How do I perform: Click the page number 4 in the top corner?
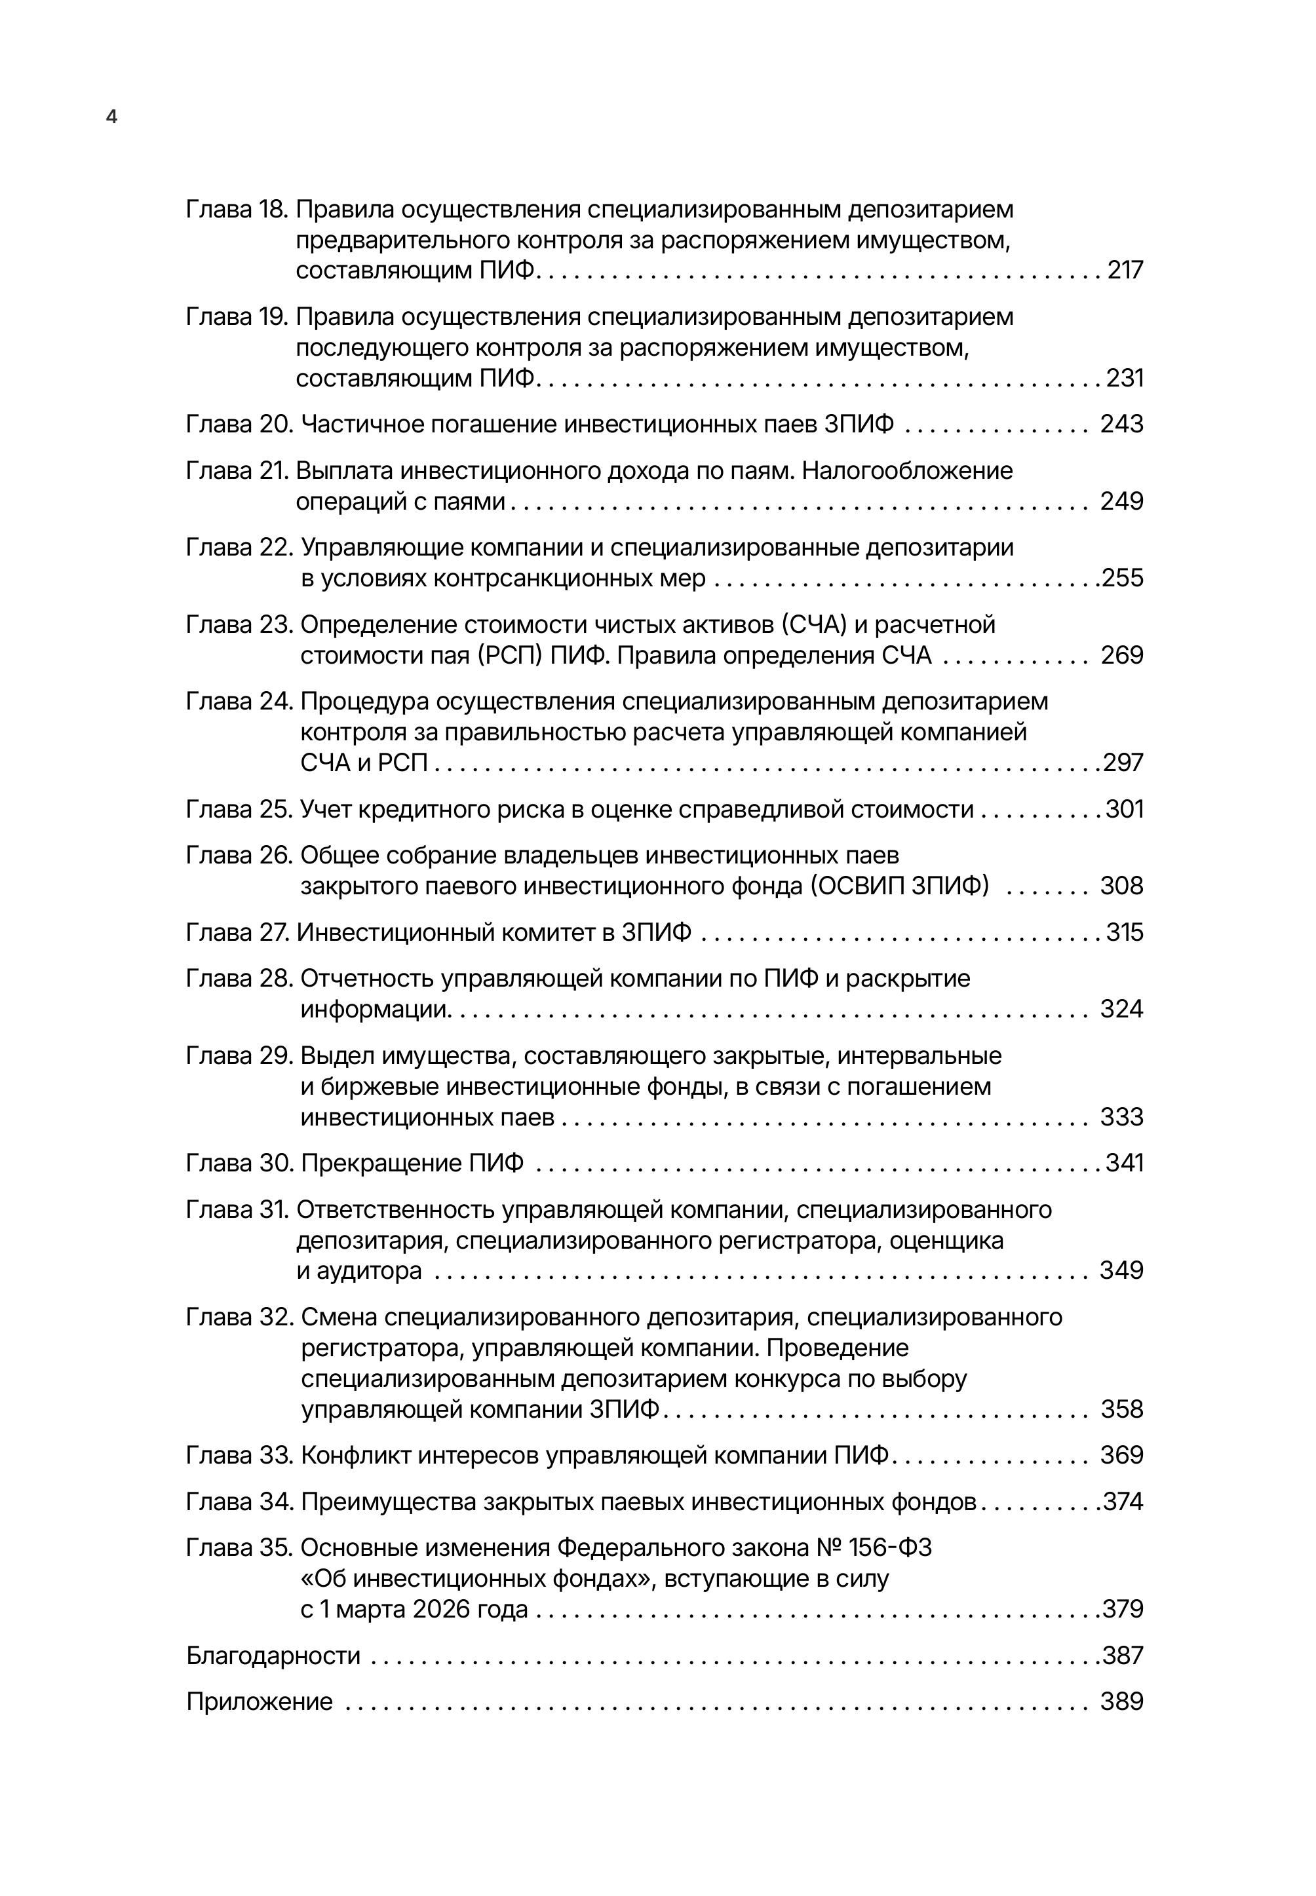(112, 117)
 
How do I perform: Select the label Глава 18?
(236, 210)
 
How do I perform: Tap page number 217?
(1125, 271)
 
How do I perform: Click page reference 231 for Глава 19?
(1125, 379)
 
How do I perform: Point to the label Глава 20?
(239, 424)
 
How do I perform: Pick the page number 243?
(1121, 424)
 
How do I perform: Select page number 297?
(1123, 763)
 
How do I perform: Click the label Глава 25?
(239, 810)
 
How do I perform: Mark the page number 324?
(1121, 1009)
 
